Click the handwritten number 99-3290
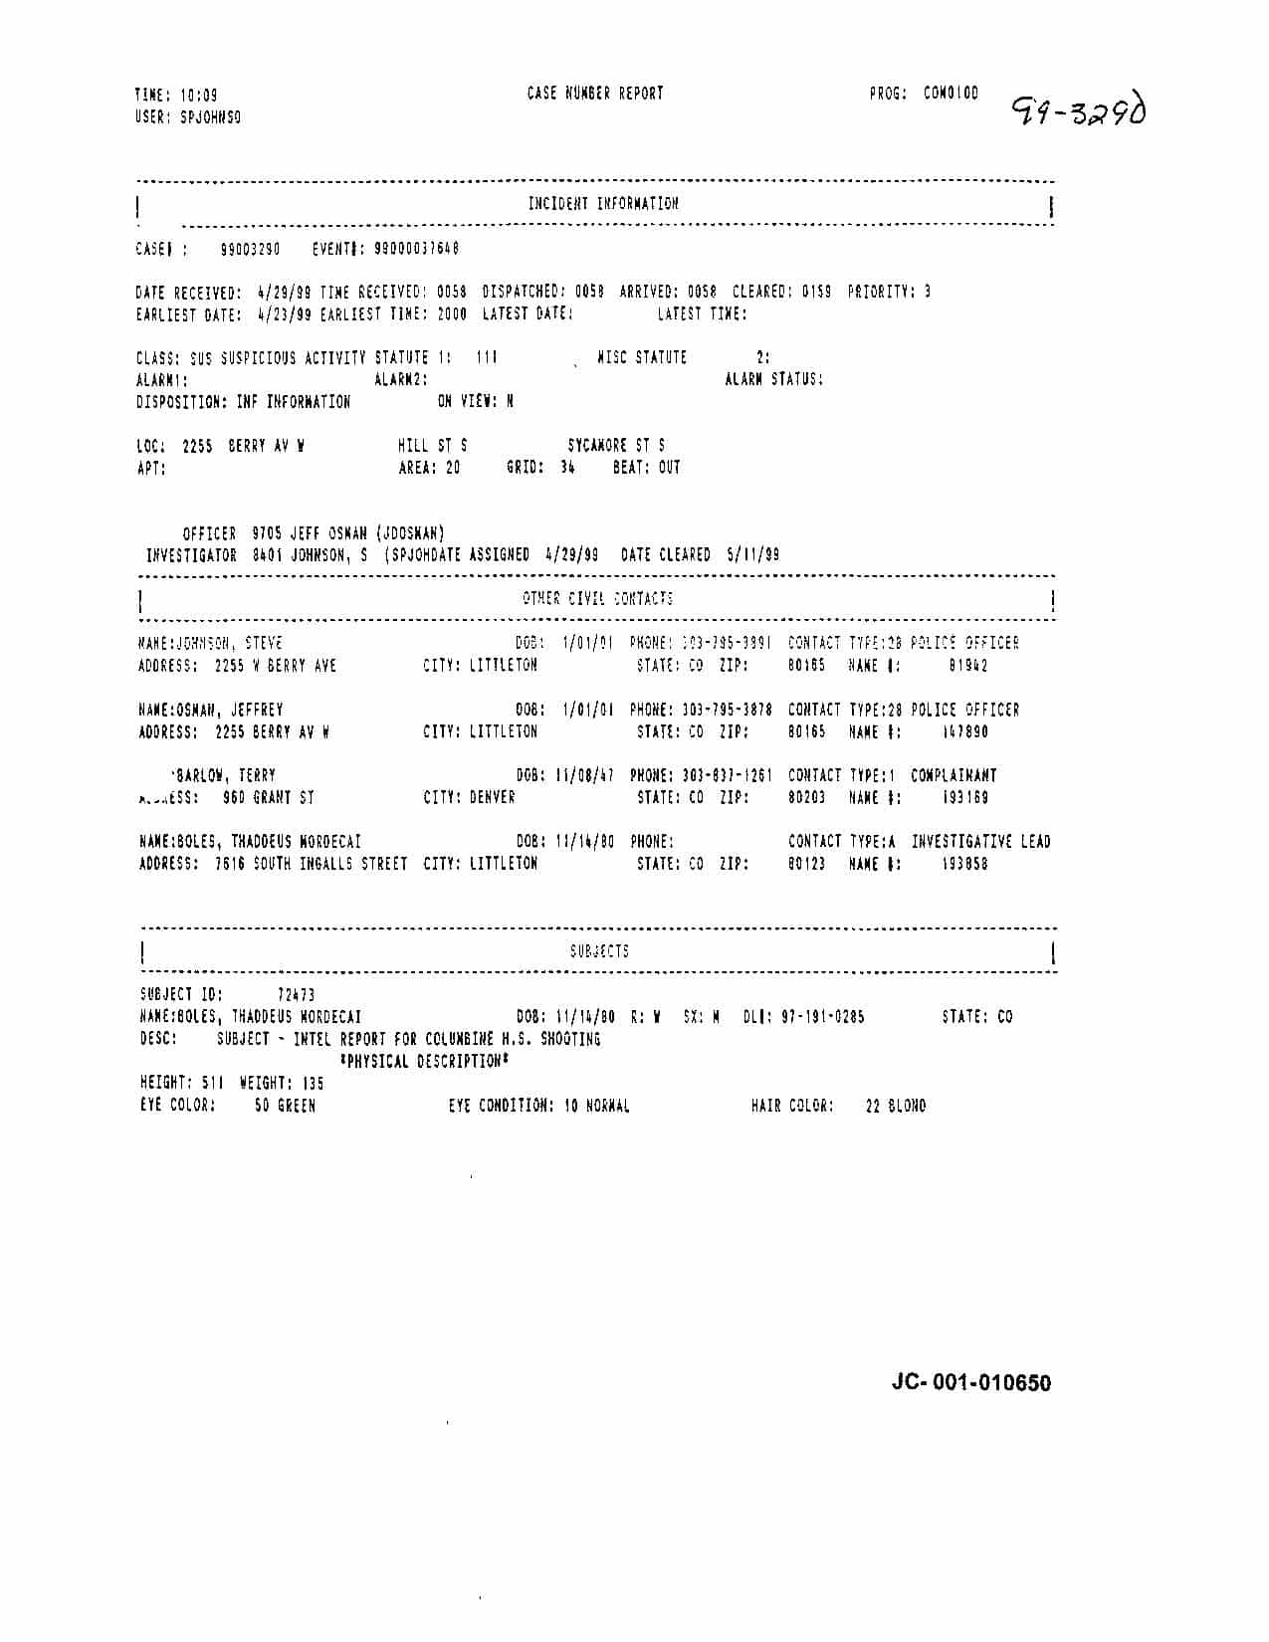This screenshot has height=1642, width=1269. [x=1078, y=109]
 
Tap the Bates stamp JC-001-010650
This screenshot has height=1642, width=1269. [x=970, y=1382]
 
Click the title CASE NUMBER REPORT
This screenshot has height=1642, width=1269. [x=595, y=94]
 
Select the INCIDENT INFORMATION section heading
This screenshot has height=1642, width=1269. [x=603, y=204]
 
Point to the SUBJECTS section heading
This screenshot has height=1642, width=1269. [x=599, y=951]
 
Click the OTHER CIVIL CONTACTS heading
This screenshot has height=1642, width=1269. [x=597, y=598]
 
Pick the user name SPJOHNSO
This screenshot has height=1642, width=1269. [x=210, y=117]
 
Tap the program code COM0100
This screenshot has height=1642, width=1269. [x=951, y=94]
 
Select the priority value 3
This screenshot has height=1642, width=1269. [x=927, y=293]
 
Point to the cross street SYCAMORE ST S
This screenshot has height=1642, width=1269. [x=616, y=446]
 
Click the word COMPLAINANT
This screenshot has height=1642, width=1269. [x=953, y=775]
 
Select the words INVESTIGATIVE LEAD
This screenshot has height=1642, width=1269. [x=980, y=842]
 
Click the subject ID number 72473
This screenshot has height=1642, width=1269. [x=296, y=994]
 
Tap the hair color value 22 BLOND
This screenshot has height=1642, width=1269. [x=895, y=1106]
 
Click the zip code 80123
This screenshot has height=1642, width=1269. [x=806, y=864]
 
